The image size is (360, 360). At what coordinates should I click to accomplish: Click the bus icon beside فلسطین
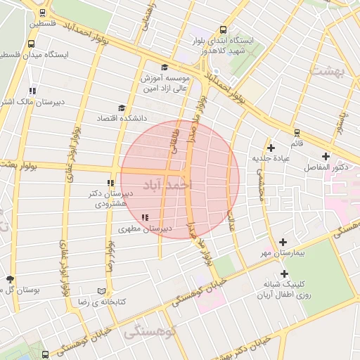coord(44,13)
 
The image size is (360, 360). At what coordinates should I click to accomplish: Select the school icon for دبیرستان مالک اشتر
coord(32,90)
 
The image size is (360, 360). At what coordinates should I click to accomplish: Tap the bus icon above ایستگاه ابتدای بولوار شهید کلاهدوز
coord(223,30)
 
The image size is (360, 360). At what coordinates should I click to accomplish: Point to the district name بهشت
coord(329,72)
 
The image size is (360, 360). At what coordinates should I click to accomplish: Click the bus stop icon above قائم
coord(297,131)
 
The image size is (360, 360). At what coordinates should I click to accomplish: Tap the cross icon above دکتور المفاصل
coord(325,156)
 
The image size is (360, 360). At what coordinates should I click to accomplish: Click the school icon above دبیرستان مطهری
coord(145,217)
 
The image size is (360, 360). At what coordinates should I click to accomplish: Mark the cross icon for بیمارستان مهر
coord(283,241)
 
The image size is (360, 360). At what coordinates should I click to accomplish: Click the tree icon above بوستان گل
coord(9,279)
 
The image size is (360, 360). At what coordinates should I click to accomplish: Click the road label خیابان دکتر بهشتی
coord(246,347)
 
